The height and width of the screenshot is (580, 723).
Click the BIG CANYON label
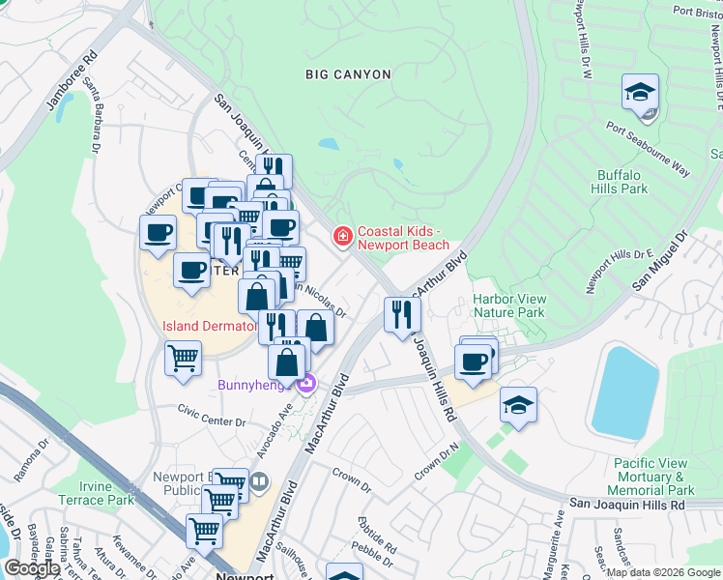tap(348, 74)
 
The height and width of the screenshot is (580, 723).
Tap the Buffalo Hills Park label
tap(621, 182)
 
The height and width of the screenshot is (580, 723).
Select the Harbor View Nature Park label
tap(508, 305)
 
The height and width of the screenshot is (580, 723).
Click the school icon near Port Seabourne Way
tap(640, 94)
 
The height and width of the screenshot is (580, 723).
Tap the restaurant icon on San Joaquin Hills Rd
tap(402, 315)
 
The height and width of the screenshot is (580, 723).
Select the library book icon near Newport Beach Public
tap(258, 481)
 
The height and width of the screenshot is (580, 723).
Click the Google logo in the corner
tap(32, 567)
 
